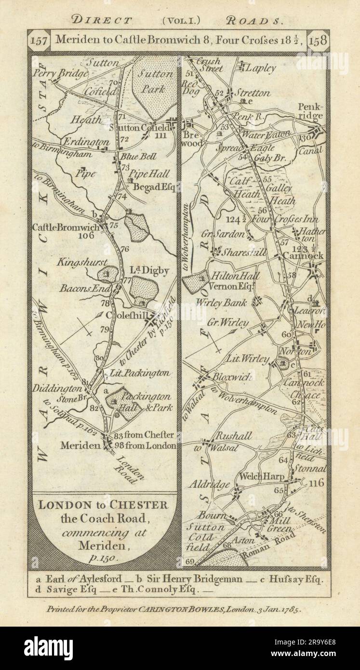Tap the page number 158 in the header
319,40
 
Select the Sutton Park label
156,81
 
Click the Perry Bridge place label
67,73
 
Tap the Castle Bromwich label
66,227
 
